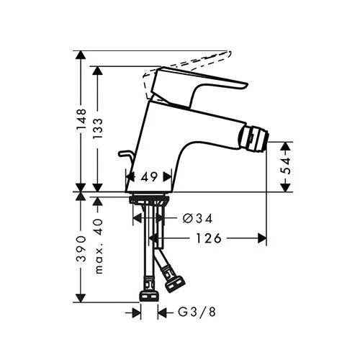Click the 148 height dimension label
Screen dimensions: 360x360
[x=81, y=120]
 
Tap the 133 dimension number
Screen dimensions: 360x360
[x=98, y=128]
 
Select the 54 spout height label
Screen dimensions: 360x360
[x=286, y=166]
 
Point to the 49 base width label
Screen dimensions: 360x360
[x=149, y=177]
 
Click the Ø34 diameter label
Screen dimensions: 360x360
[x=197, y=218]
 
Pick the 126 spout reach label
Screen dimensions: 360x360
[x=209, y=238]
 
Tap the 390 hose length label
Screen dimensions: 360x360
[x=81, y=249]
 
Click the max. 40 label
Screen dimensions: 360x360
[x=99, y=246]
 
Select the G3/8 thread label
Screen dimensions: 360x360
[x=197, y=312]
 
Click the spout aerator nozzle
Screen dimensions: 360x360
[x=254, y=138]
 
